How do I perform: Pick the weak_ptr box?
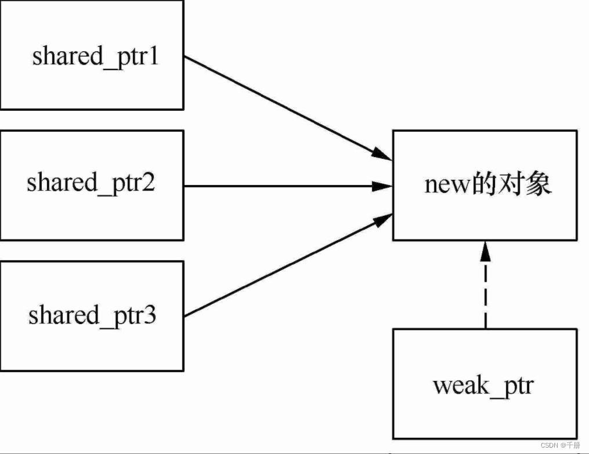485,384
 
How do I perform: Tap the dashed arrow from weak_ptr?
485,290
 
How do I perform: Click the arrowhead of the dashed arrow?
485,250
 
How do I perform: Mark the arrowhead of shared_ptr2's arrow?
383,186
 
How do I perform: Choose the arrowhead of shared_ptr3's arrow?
382,220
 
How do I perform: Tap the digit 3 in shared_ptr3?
150,316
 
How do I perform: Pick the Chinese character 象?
538,184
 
